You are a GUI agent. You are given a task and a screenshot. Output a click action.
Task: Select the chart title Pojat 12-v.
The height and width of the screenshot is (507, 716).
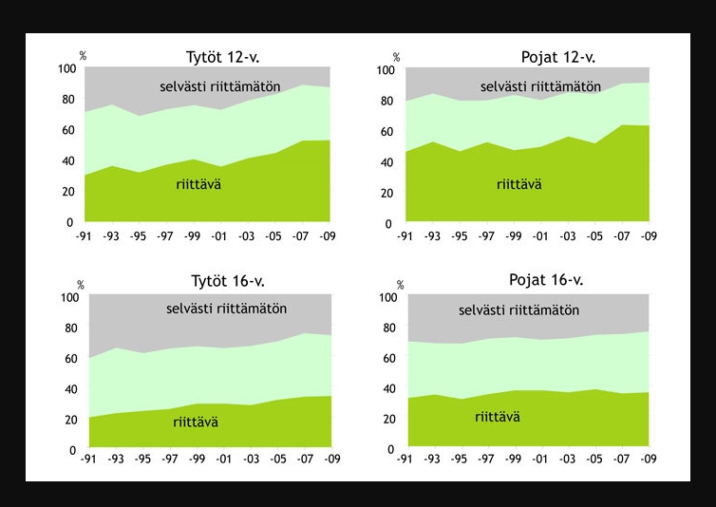coord(557,58)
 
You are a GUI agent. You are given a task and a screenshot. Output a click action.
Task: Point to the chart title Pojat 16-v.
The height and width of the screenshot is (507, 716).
coord(546,280)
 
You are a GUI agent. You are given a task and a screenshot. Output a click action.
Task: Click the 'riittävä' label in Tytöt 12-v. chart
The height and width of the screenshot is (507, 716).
coord(199,183)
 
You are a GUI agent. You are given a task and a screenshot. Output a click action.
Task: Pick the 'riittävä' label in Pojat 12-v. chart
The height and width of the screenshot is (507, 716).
coord(519,184)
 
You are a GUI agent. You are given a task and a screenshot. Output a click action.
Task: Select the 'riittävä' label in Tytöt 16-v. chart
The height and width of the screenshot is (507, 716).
coord(196,422)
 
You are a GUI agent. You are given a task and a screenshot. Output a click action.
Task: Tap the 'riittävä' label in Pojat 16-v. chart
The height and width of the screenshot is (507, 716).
coord(498,416)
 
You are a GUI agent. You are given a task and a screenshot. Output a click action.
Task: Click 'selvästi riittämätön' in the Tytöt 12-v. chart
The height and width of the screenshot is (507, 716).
coord(219,86)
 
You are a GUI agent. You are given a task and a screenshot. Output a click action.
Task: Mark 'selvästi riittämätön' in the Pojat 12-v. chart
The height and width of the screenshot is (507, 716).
coord(540,86)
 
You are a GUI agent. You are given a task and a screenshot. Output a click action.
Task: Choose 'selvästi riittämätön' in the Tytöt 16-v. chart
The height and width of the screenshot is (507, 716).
coord(226,309)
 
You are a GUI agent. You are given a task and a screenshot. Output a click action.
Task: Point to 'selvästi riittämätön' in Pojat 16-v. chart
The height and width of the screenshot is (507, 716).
coord(518,310)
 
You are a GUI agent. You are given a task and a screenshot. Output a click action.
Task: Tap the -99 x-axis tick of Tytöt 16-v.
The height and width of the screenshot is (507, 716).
coord(196,459)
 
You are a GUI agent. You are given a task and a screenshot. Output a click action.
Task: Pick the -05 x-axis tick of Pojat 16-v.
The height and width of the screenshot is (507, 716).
coord(595,459)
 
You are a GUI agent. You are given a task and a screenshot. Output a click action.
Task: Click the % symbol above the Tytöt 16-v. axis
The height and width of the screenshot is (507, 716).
coord(81,285)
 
